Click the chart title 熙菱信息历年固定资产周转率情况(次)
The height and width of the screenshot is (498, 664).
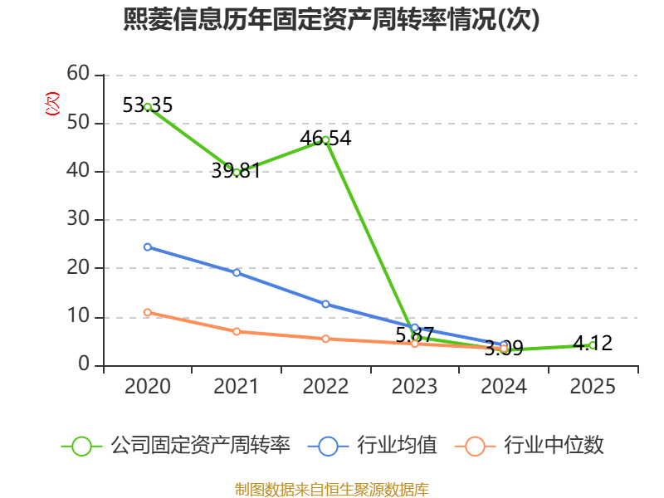click(331, 19)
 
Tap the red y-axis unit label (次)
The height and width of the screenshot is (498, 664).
click(52, 104)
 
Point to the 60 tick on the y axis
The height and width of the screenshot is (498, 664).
click(78, 74)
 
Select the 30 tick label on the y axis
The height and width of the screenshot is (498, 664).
click(78, 219)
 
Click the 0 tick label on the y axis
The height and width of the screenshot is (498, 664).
click(84, 364)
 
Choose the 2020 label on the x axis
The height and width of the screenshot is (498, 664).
click(148, 386)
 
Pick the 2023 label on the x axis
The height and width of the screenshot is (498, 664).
click(414, 386)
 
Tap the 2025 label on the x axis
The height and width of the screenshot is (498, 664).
click(593, 386)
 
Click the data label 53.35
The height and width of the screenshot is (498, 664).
click(148, 105)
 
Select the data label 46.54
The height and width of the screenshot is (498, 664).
click(325, 139)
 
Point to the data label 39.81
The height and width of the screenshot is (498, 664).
click(236, 171)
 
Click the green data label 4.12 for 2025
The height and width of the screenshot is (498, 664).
click(593, 343)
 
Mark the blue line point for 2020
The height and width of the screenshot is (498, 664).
click(148, 247)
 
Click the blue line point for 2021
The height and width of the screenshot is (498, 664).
click(237, 273)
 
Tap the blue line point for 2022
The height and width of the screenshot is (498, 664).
click(325, 304)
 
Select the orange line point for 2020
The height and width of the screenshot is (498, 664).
click(148, 313)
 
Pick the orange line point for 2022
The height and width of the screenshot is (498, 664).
click(325, 339)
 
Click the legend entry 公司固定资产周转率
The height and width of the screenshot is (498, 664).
click(176, 446)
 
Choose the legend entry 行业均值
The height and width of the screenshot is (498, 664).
click(373, 446)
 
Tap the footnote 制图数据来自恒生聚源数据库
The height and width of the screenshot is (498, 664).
click(332, 490)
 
